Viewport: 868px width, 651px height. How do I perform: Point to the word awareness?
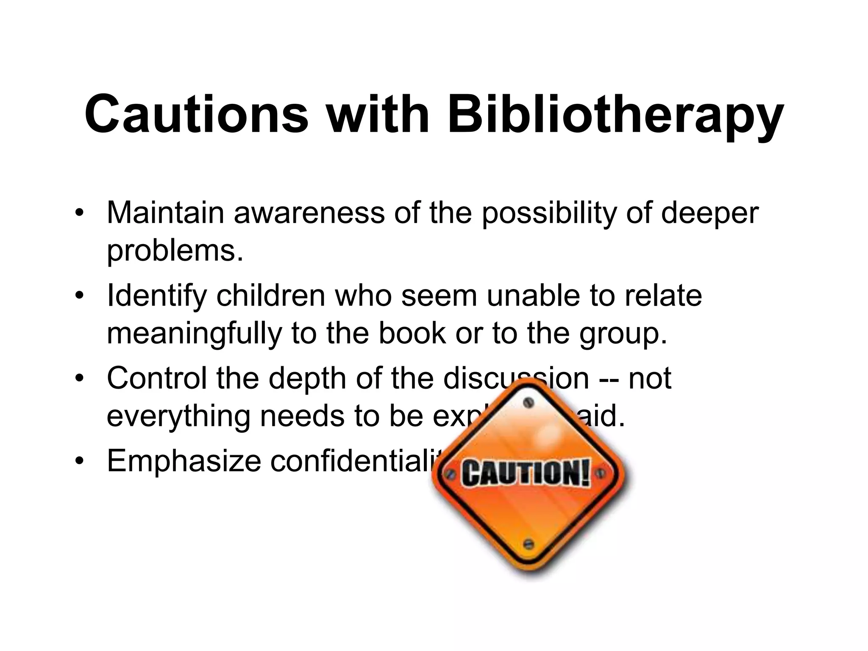click(309, 212)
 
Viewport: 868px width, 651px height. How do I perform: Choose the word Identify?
click(156, 296)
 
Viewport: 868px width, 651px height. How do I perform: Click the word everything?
click(178, 417)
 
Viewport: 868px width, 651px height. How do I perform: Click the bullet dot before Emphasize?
click(78, 462)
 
